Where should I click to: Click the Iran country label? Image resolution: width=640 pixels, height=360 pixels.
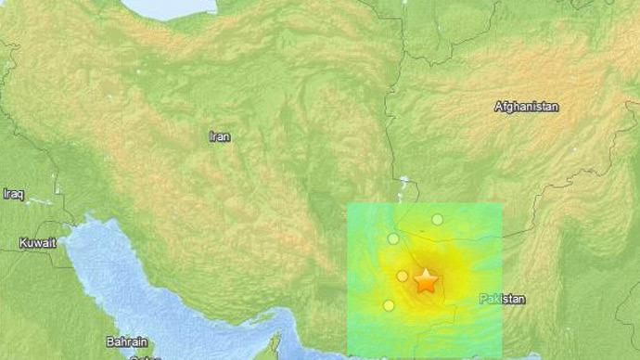coord(220,136)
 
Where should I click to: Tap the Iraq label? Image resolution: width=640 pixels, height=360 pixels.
coord(12,194)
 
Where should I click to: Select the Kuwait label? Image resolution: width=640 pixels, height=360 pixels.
coord(37,243)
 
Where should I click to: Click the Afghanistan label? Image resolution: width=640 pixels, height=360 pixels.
coord(527,108)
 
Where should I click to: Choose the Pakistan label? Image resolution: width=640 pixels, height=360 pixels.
coord(503,299)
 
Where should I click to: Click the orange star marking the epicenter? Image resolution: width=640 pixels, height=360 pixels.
coord(426,280)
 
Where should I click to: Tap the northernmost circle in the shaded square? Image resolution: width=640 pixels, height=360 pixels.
coord(437,219)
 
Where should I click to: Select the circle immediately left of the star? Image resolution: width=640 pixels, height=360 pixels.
coord(403,276)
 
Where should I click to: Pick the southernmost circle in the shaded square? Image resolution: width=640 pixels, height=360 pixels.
coord(389,305)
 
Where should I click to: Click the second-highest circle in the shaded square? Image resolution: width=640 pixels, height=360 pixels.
coord(393,238)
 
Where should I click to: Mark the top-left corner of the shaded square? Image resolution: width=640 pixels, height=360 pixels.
coord(348,204)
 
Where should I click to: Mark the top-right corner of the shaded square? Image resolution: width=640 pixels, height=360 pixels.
coord(502,204)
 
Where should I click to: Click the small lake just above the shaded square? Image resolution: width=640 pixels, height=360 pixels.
coord(403,186)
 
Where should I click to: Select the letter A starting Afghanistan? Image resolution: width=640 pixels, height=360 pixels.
coord(499,108)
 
